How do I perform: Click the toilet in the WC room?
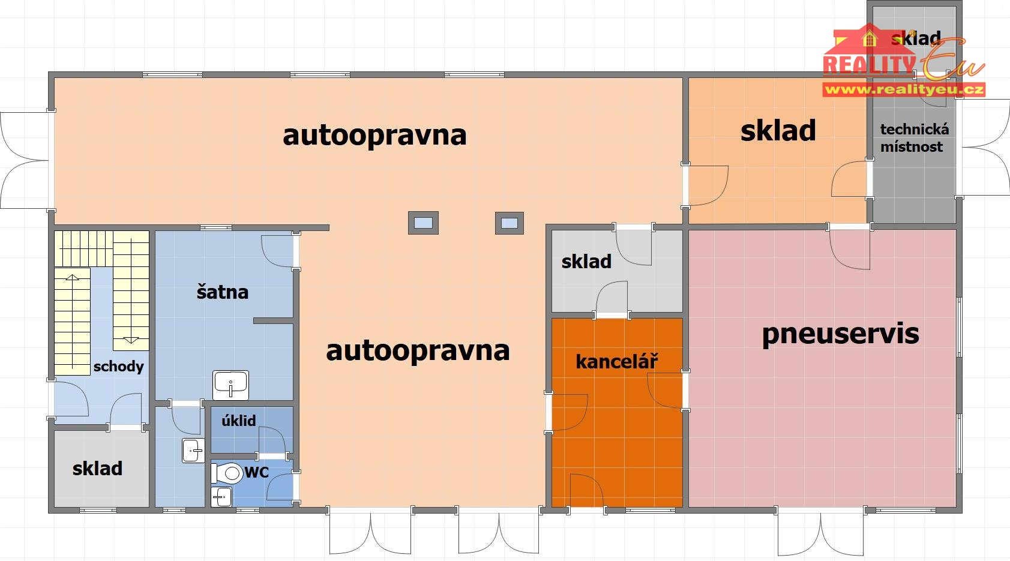pos(228,473)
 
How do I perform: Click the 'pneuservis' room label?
pos(840,334)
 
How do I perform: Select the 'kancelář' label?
pos(616,361)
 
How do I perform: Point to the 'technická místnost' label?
pos(914,138)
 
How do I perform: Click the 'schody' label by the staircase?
pos(118,367)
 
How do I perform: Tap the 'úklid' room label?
pos(238,421)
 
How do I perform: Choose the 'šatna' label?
pos(222,292)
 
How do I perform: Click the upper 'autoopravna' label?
pos(374,135)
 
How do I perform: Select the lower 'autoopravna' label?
pos(418,350)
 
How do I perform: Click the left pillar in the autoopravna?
pos(423,223)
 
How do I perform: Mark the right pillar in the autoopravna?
pos(510,223)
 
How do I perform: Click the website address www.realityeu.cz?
pos(904,90)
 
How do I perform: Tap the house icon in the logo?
pos(868,40)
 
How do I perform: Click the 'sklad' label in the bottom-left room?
pos(97,469)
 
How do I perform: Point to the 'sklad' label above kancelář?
pos(586,262)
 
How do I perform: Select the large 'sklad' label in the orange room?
pos(778,131)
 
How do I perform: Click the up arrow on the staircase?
pos(72,278)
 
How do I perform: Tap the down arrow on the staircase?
pos(131,341)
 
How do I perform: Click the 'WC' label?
pos(256,472)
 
